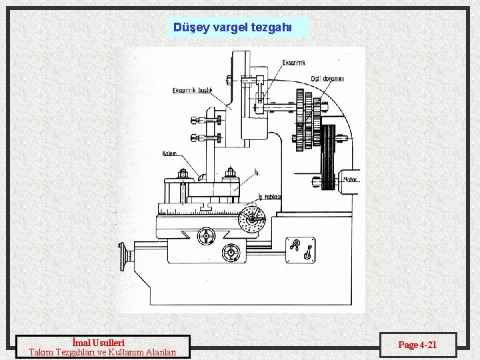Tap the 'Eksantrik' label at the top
(x=294, y=63)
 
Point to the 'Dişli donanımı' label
(x=327, y=78)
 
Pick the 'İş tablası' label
(x=269, y=197)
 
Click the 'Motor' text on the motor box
(x=350, y=179)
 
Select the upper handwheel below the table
(x=207, y=236)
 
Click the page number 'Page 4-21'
(x=417, y=345)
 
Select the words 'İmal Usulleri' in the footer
(x=103, y=343)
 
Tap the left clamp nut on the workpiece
(x=182, y=175)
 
